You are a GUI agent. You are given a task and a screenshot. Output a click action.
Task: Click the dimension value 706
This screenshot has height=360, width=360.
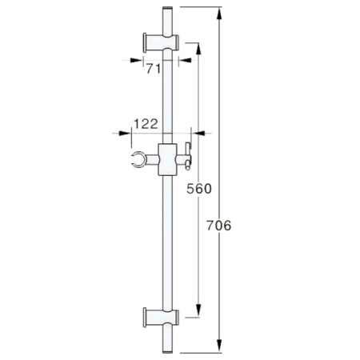[219, 226]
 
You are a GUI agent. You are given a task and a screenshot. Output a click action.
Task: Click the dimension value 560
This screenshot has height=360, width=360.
[199, 189]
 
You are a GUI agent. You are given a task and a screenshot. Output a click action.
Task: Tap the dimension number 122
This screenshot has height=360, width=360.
[146, 124]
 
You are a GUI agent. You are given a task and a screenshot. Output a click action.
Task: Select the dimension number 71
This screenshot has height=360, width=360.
[154, 69]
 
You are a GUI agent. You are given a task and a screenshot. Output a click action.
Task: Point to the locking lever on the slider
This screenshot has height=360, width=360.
[188, 156]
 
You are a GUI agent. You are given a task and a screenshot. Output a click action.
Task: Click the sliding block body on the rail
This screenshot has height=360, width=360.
[167, 159]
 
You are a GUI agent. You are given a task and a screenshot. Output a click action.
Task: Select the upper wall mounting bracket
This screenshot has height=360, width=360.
[161, 42]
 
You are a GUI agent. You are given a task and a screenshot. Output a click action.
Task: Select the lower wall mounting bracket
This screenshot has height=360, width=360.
[161, 318]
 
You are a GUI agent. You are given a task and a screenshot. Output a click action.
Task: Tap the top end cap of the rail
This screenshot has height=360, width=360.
[167, 9]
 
